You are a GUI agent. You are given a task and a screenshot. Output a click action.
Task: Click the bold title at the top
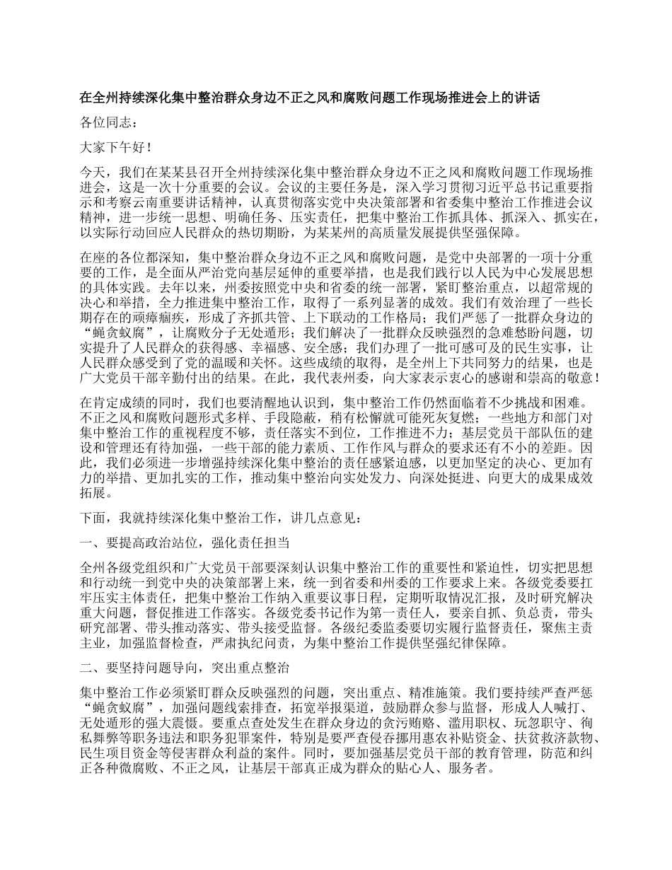coord(310,97)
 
